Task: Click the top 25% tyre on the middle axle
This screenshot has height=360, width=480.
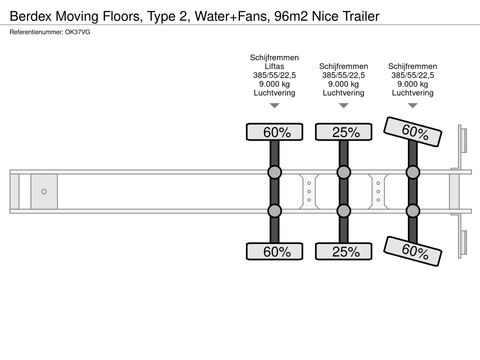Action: coord(343,132)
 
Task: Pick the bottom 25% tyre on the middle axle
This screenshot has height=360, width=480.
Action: coord(343,250)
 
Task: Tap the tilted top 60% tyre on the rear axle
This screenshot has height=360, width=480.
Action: coord(413,132)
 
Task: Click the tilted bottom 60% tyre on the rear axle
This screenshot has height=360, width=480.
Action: coord(413,250)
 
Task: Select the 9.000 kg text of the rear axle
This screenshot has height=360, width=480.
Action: coord(413,84)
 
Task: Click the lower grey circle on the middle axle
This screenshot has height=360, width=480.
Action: coord(343,210)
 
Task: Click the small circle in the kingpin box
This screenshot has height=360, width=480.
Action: coord(44,191)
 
